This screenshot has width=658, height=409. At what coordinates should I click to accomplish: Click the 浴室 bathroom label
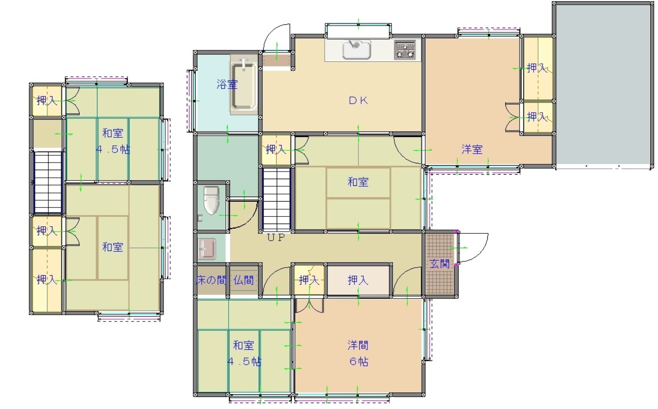click(x=227, y=84)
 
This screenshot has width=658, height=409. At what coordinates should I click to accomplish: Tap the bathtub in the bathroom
click(x=244, y=85)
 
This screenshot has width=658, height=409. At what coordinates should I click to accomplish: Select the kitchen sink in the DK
click(x=356, y=50)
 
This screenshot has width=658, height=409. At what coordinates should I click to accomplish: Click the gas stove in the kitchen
click(x=405, y=50)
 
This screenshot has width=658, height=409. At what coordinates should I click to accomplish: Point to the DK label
click(x=358, y=101)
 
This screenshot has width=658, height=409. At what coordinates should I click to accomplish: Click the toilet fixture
click(x=212, y=200)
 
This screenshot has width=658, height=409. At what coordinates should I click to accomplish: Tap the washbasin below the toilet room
click(x=207, y=249)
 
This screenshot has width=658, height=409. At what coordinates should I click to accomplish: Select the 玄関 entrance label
click(x=439, y=264)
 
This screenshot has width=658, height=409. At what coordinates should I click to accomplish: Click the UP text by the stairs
click(x=276, y=237)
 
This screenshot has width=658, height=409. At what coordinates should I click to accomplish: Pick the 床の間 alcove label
click(x=211, y=280)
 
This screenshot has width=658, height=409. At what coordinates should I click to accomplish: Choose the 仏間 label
click(x=243, y=280)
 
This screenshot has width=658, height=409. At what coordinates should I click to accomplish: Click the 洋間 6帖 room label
click(x=358, y=353)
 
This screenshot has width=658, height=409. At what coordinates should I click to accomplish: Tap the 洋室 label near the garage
click(x=472, y=150)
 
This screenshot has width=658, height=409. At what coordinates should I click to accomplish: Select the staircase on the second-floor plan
click(x=48, y=182)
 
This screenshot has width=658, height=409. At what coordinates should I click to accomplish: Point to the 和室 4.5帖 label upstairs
click(x=113, y=141)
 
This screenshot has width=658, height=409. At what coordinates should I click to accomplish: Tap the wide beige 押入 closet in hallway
click(x=358, y=280)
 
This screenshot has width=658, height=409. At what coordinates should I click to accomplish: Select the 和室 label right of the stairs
click(x=358, y=182)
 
